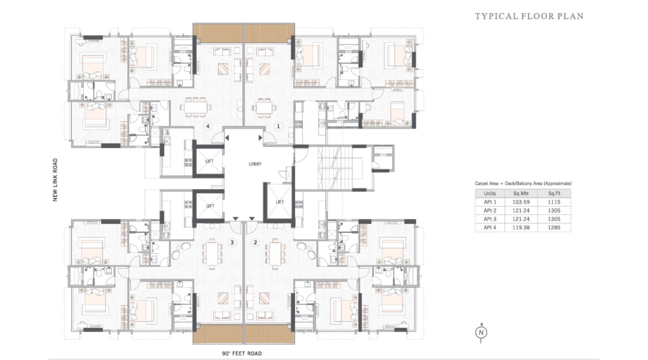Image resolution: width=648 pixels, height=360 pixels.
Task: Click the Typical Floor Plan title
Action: [529, 16]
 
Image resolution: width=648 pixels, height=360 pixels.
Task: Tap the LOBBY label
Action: [255, 164]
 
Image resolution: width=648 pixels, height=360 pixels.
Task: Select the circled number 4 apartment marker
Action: [208, 126]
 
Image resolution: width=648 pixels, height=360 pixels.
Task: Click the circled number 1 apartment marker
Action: [278, 126]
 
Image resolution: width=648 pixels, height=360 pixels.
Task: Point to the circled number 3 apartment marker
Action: [232, 242]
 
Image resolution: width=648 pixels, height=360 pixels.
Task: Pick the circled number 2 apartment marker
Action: [255, 242]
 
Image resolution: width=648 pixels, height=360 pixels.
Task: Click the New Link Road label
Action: [55, 180]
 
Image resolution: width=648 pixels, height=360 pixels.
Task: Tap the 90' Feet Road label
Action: [242, 354]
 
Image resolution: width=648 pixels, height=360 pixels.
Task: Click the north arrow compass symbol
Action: [481, 333]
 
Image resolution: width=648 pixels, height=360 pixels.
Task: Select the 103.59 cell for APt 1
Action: [521, 202]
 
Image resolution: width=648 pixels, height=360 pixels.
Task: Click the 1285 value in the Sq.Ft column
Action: [554, 227]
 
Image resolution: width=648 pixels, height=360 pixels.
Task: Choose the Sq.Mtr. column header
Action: [521, 194]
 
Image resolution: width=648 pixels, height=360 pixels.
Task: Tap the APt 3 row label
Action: [490, 219]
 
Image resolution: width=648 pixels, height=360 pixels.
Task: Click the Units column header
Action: [490, 194]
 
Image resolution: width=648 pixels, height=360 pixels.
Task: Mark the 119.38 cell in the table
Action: [521, 227]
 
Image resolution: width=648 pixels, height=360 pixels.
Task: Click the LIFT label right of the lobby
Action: [279, 202]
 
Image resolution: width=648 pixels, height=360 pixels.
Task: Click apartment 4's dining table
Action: [196, 106]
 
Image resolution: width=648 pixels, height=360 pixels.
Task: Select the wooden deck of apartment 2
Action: [269, 334]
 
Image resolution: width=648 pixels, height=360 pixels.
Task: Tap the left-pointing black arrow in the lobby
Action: [227, 138]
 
